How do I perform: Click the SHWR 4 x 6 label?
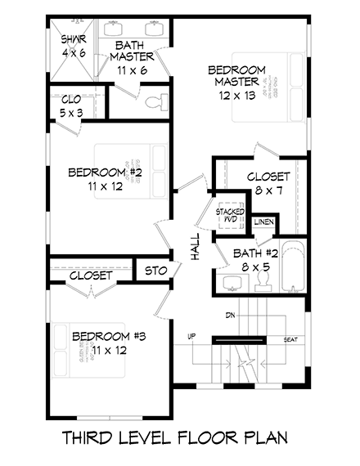click(69, 45)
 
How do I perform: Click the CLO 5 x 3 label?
click(70, 106)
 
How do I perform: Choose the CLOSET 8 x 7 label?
click(256, 183)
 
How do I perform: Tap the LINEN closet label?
click(263, 222)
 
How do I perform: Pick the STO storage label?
click(156, 271)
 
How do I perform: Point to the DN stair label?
click(230, 315)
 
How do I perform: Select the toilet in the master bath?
click(155, 103)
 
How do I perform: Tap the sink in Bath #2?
click(231, 283)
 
